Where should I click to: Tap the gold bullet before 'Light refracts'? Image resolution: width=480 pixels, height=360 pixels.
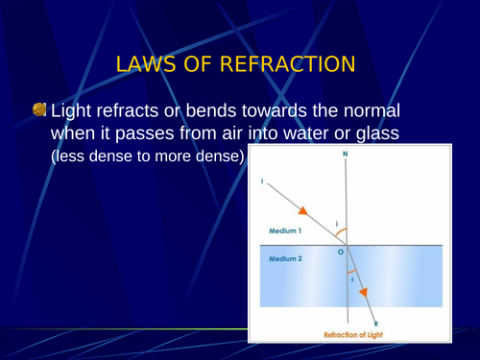(x=38, y=110)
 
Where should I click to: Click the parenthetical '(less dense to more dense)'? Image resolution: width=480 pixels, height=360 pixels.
(x=148, y=156)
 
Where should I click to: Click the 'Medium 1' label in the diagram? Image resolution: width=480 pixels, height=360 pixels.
(x=284, y=231)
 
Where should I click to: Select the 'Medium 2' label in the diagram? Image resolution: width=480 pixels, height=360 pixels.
(x=284, y=259)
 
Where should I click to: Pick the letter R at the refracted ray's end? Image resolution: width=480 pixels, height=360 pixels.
(x=376, y=324)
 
